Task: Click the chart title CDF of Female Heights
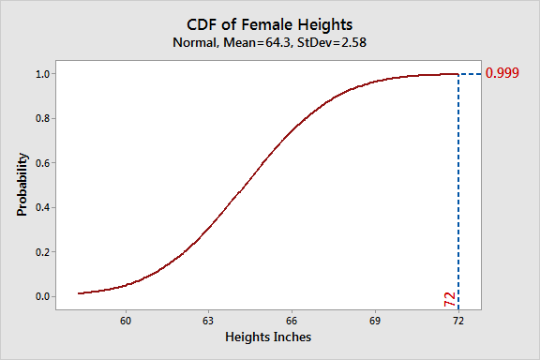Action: pyautogui.click(x=269, y=23)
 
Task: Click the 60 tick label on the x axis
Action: pyautogui.click(x=125, y=320)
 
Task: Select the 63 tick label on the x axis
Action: pyautogui.click(x=208, y=320)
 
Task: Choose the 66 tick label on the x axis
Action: pyautogui.click(x=292, y=320)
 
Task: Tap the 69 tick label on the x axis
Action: pyautogui.click(x=375, y=320)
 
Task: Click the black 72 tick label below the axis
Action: pyautogui.click(x=458, y=320)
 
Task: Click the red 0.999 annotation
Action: pyautogui.click(x=502, y=74)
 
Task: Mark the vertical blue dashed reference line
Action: pyautogui.click(x=458, y=187)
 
